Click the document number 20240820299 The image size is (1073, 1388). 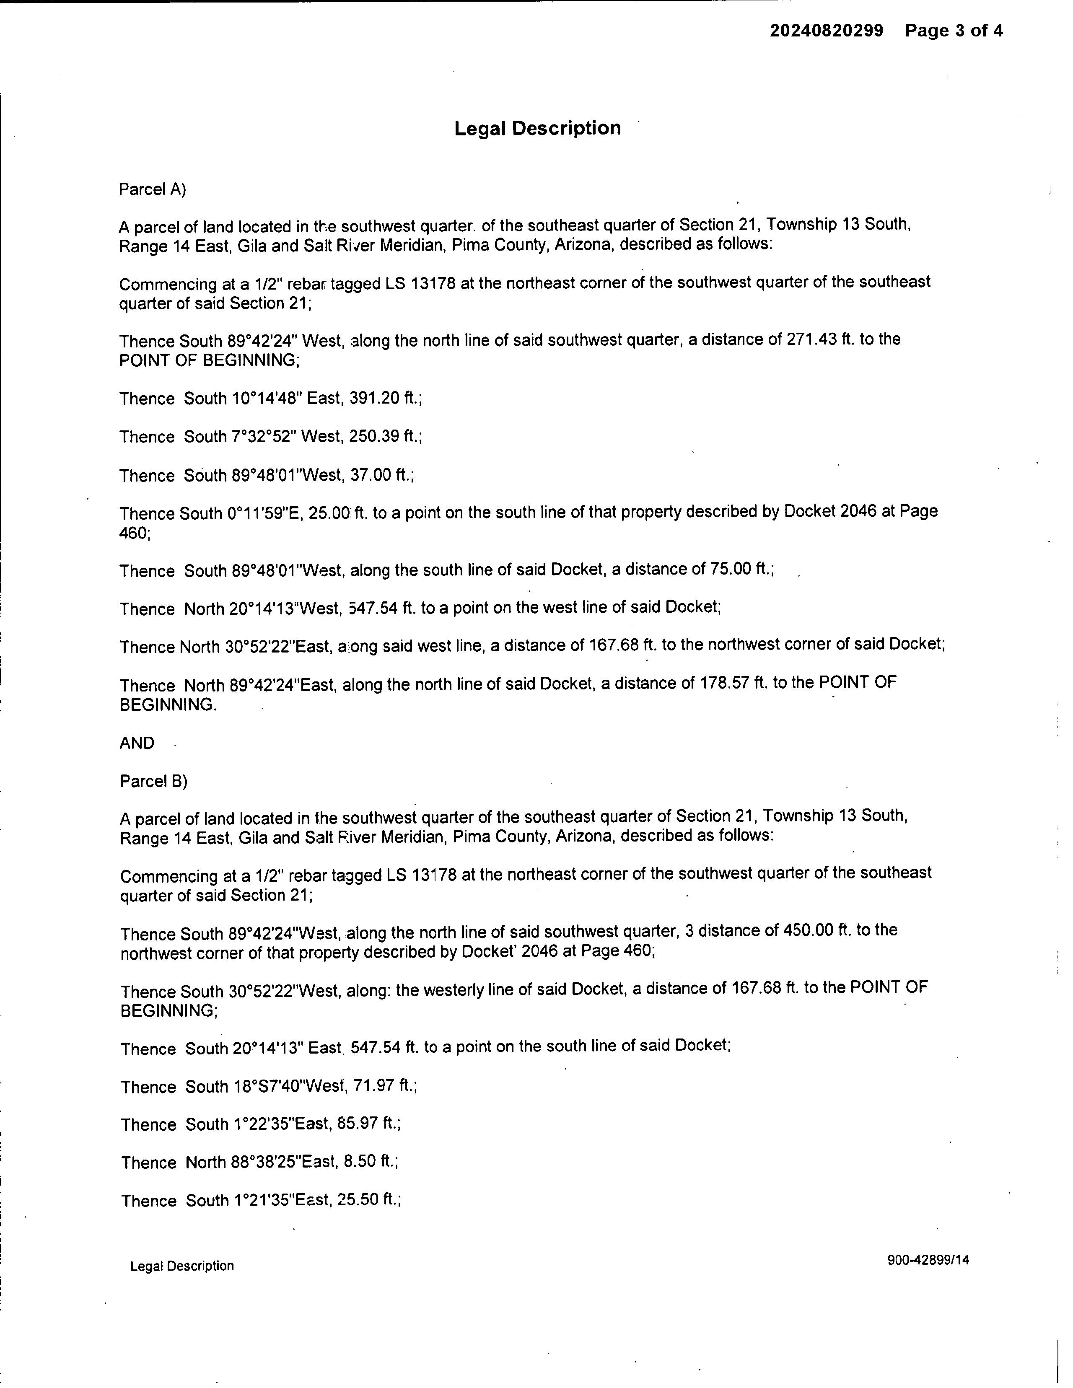(x=827, y=31)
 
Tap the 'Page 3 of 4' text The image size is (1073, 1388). (x=954, y=31)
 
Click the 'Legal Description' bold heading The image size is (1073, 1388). (x=537, y=128)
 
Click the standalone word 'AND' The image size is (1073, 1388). (x=137, y=743)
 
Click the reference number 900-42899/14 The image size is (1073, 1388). (x=928, y=1260)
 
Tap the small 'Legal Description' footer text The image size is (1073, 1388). (x=182, y=1266)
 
